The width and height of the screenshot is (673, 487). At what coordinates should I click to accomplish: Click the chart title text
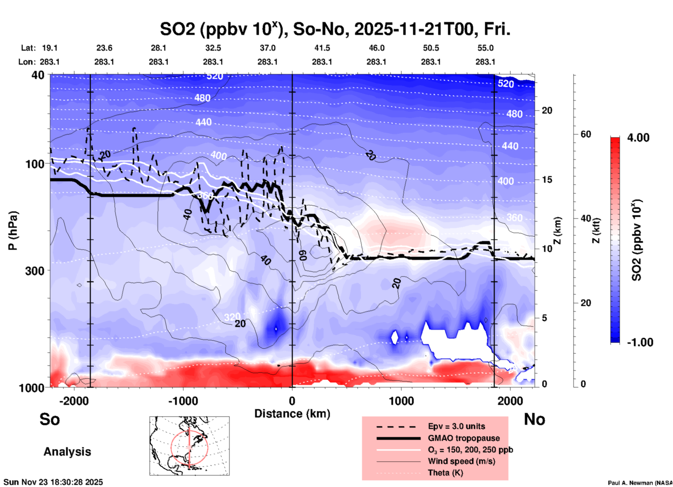(335, 29)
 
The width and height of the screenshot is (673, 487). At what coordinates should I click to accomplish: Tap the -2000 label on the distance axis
(74, 401)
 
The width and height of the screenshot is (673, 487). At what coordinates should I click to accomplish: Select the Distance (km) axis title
(292, 414)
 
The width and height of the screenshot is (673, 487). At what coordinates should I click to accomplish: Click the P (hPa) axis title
(13, 231)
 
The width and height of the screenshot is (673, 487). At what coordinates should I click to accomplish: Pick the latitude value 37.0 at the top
(267, 48)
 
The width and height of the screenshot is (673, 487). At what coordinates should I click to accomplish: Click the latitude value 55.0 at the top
(485, 48)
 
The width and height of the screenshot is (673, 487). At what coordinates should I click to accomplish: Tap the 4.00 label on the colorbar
(638, 138)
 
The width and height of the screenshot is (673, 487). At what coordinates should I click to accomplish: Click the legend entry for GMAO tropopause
(464, 438)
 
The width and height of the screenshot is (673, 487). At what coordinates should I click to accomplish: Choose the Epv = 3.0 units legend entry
(456, 427)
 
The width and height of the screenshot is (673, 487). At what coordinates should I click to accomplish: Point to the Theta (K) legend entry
(445, 473)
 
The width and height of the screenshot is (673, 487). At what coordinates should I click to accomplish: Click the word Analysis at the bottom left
(67, 452)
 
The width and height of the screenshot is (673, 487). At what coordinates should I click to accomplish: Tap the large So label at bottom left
(50, 419)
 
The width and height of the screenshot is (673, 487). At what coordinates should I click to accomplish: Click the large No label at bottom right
(534, 419)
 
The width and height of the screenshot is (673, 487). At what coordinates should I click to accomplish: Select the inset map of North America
(189, 445)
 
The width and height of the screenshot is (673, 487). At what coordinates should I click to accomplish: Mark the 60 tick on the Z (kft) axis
(586, 135)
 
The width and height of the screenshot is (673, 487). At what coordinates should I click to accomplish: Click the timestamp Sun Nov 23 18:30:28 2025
(53, 482)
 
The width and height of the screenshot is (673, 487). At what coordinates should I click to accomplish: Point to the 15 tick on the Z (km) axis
(547, 180)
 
